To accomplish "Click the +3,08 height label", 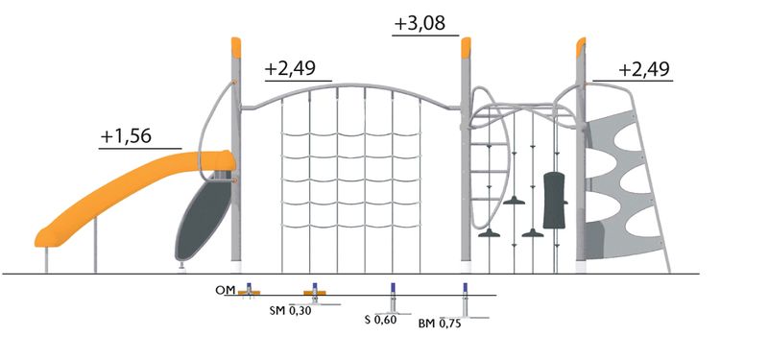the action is pyautogui.click(x=420, y=23).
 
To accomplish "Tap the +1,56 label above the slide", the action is pyautogui.click(x=126, y=136).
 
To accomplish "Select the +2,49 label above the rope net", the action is pyautogui.click(x=290, y=69).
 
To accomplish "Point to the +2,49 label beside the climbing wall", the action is pyautogui.click(x=643, y=69).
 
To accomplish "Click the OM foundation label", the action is pyautogui.click(x=226, y=290).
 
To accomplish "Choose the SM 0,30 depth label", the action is pyautogui.click(x=290, y=310).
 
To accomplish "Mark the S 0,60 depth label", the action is pyautogui.click(x=380, y=320).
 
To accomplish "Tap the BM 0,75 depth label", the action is pyautogui.click(x=440, y=324).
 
